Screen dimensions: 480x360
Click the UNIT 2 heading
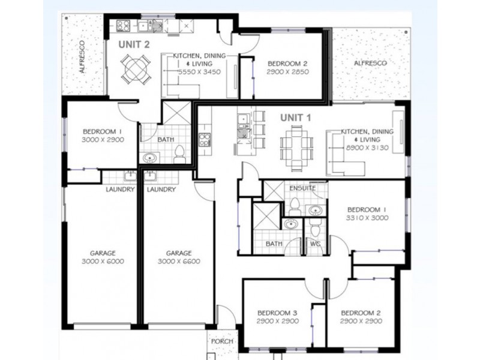tap(134, 44)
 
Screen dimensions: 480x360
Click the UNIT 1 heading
tap(296, 118)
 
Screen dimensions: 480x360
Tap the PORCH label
tap(222, 341)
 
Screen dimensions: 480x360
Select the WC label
tap(315, 244)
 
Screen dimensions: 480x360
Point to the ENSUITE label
tap(302, 188)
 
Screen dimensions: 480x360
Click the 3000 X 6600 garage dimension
tap(179, 262)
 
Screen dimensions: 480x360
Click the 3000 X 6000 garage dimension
tap(103, 262)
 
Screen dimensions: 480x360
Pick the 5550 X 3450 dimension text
tap(199, 72)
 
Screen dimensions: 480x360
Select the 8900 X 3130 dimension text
tap(367, 148)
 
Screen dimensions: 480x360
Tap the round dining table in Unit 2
tap(135, 69)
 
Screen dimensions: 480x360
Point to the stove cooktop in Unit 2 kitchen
tap(124, 25)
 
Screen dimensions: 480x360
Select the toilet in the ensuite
tap(295, 206)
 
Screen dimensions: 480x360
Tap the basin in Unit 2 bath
tap(149, 158)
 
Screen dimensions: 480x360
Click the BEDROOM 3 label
tap(277, 313)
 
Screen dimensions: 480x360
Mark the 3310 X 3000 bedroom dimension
tap(367, 218)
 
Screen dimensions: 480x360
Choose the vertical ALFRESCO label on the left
tap(82, 57)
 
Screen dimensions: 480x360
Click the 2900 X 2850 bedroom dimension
tap(287, 72)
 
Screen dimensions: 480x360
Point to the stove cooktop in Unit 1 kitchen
tap(205, 140)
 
